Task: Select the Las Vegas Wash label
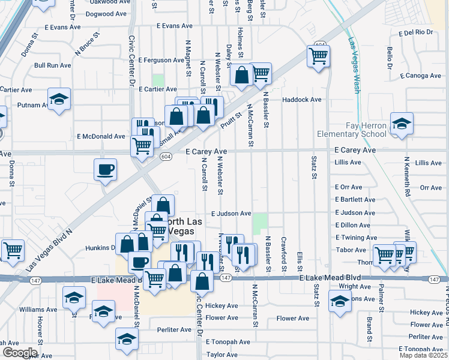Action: point(354,66)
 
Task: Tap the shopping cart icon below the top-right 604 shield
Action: point(318,56)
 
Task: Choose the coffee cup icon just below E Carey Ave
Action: point(106,169)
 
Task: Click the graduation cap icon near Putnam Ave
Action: point(59,99)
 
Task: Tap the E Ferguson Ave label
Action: point(161,60)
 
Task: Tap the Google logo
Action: point(19,353)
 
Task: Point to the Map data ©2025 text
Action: point(423,355)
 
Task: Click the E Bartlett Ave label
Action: point(355,200)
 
